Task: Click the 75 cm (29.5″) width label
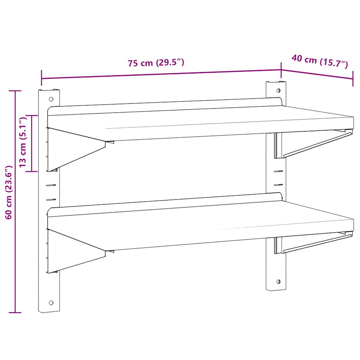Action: [156, 63]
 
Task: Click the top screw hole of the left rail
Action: [51, 99]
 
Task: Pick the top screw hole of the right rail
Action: [278, 90]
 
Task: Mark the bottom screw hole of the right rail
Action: [278, 281]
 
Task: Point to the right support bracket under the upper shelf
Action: [313, 144]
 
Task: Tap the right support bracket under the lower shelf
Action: [313, 243]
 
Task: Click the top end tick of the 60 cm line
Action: [15, 91]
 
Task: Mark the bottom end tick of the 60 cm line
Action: [15, 312]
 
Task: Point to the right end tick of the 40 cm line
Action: [353, 78]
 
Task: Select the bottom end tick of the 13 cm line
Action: [32, 171]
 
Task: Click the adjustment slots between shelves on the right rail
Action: [278, 178]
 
